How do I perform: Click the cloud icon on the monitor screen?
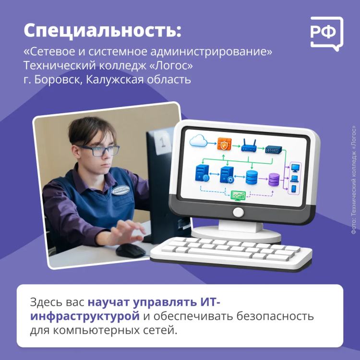tap(198, 141)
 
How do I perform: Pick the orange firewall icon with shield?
tap(224, 144)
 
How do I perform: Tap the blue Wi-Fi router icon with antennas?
tap(249, 145)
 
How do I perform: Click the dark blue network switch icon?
tap(274, 150)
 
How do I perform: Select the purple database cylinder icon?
tap(274, 180)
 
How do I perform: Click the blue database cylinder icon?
tap(252, 177)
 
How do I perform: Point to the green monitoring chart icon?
tap(238, 195)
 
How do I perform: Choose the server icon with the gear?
tap(227, 175)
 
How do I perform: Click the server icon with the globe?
tap(202, 173)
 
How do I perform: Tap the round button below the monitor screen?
tap(238, 212)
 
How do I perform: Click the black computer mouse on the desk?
tap(131, 251)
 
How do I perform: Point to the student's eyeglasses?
tap(99, 151)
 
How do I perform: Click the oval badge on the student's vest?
tap(121, 191)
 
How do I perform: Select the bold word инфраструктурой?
tap(85, 316)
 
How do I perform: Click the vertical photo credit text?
tap(354, 180)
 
